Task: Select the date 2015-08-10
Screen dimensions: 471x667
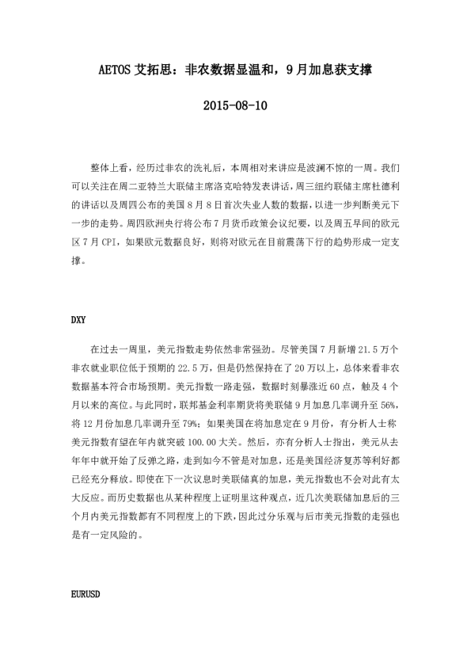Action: click(235, 105)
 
